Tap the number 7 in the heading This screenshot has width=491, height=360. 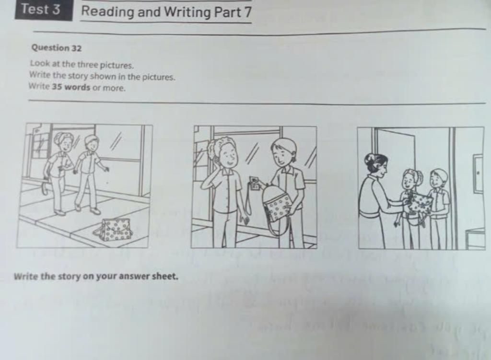tap(245, 12)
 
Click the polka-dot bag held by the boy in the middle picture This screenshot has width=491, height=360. tap(278, 204)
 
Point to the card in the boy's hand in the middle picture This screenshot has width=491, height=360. tap(254, 183)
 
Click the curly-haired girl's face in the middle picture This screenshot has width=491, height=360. tap(228, 154)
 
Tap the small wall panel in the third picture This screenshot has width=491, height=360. tap(478, 173)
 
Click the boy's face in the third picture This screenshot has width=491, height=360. tap(437, 180)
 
